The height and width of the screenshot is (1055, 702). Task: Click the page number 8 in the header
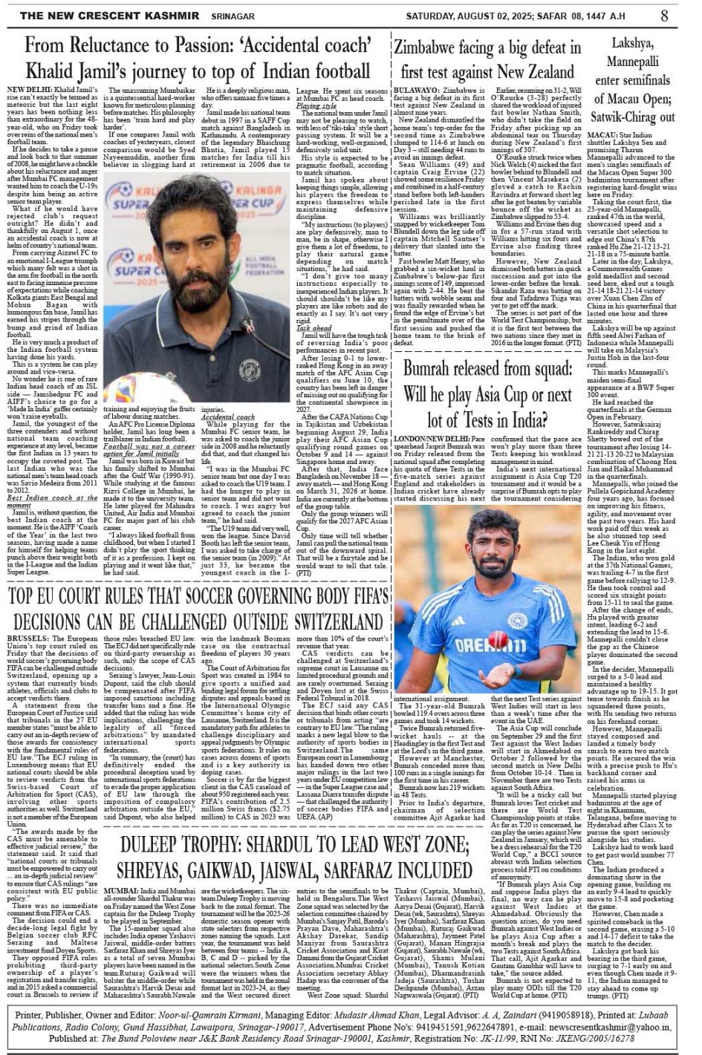coord(663,15)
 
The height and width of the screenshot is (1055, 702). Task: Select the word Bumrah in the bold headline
coord(432,369)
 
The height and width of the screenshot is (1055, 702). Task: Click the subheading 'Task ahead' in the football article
coord(314,327)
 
